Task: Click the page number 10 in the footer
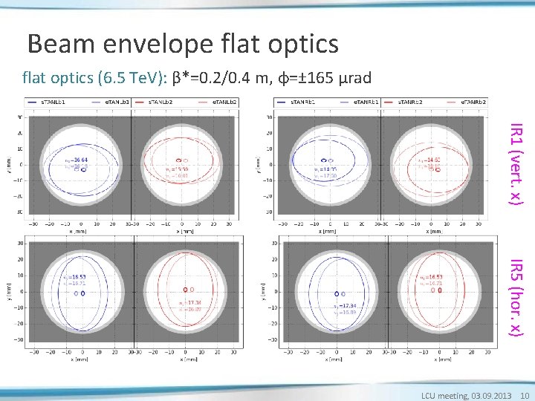coord(524,395)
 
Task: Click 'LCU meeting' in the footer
coord(445,395)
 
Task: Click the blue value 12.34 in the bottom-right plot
coord(348,305)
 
